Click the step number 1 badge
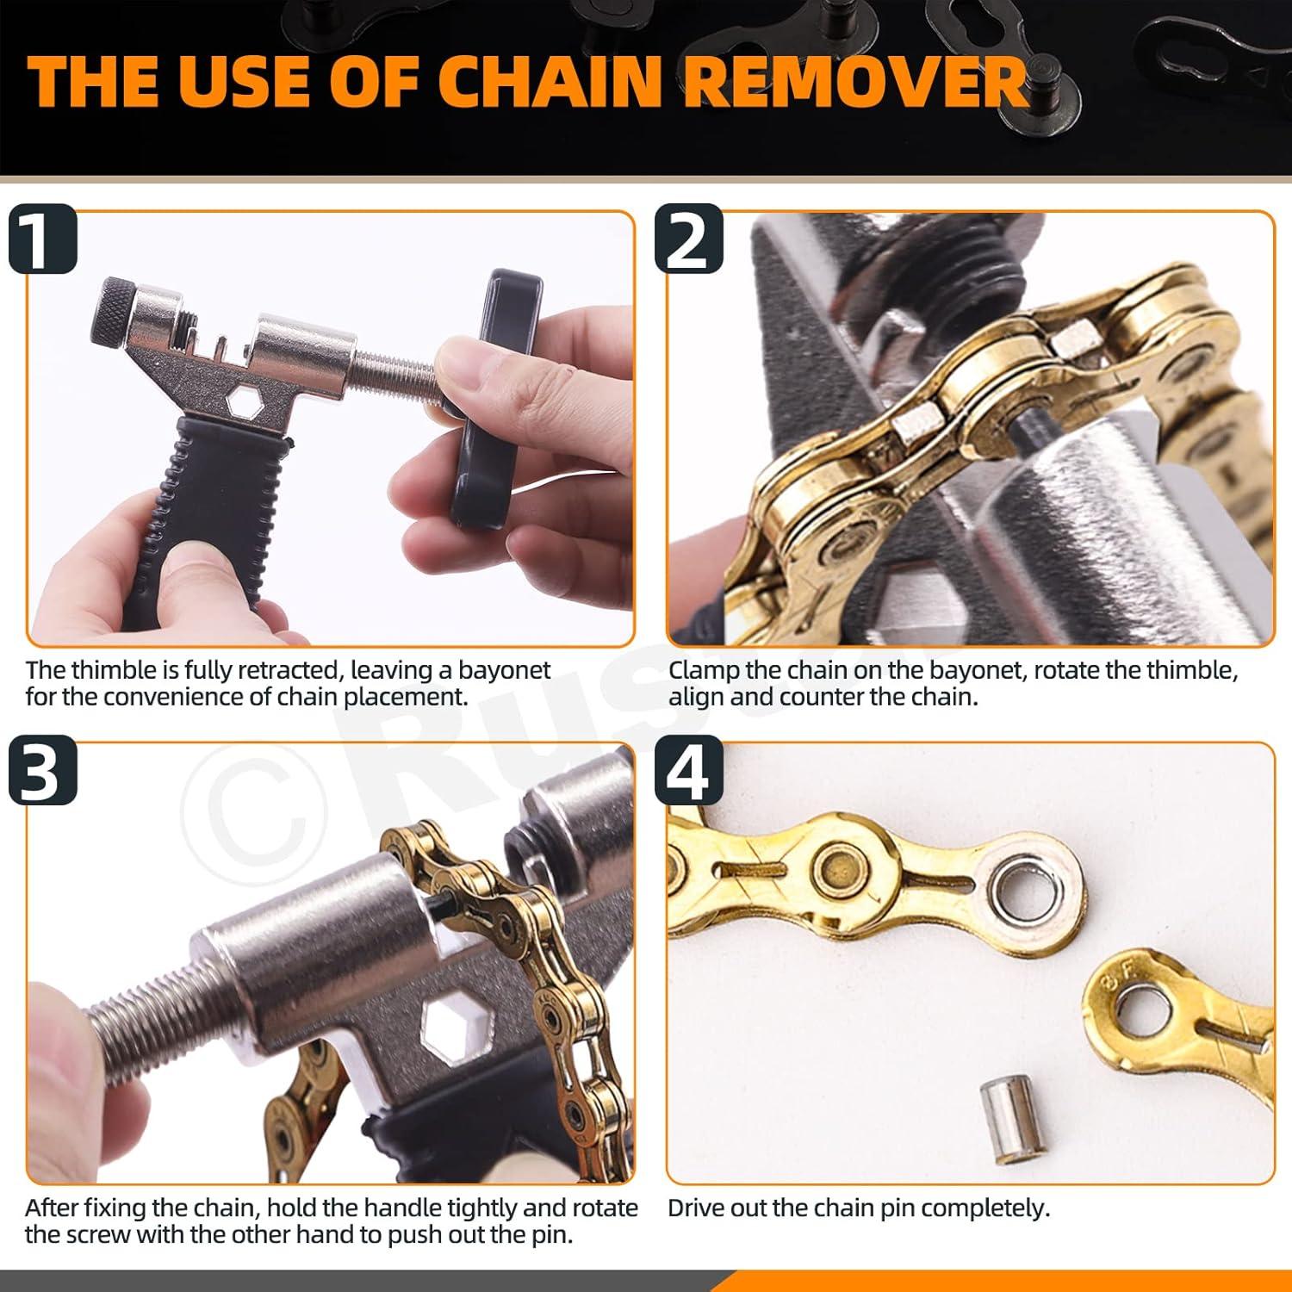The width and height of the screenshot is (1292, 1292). click(42, 239)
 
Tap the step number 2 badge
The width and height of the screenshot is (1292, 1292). click(688, 239)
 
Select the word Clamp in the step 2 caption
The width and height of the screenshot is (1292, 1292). click(704, 671)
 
